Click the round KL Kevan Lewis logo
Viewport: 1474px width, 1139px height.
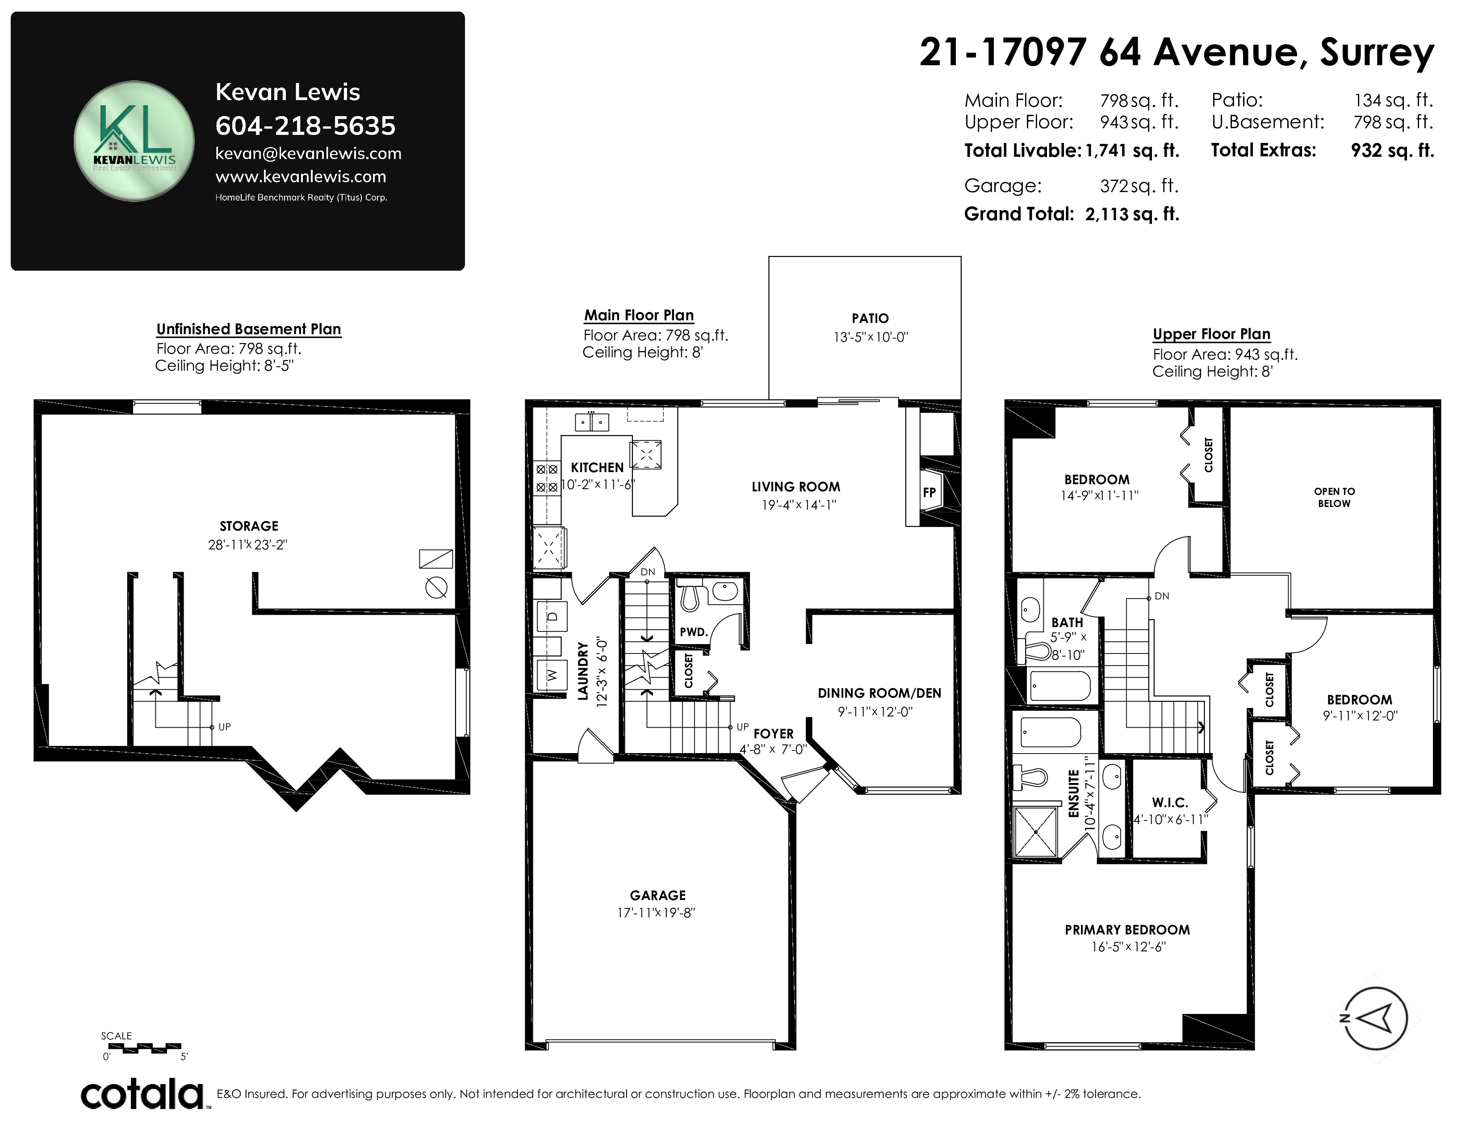click(x=134, y=141)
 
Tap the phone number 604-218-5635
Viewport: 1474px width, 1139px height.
click(x=305, y=126)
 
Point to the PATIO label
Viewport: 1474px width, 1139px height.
click(x=870, y=318)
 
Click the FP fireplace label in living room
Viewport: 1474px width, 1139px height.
click(x=930, y=493)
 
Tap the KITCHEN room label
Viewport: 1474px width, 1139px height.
click(x=597, y=468)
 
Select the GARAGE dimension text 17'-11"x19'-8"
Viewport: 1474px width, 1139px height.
click(x=656, y=913)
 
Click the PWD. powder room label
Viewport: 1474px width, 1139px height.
click(x=694, y=632)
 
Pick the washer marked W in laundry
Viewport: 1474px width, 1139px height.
click(x=551, y=675)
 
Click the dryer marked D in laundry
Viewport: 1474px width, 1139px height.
click(x=551, y=616)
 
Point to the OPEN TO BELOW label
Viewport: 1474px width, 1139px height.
click(x=1334, y=497)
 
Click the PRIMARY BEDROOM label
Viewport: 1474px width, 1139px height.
click(x=1127, y=930)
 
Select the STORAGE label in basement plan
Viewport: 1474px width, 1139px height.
click(x=249, y=526)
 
